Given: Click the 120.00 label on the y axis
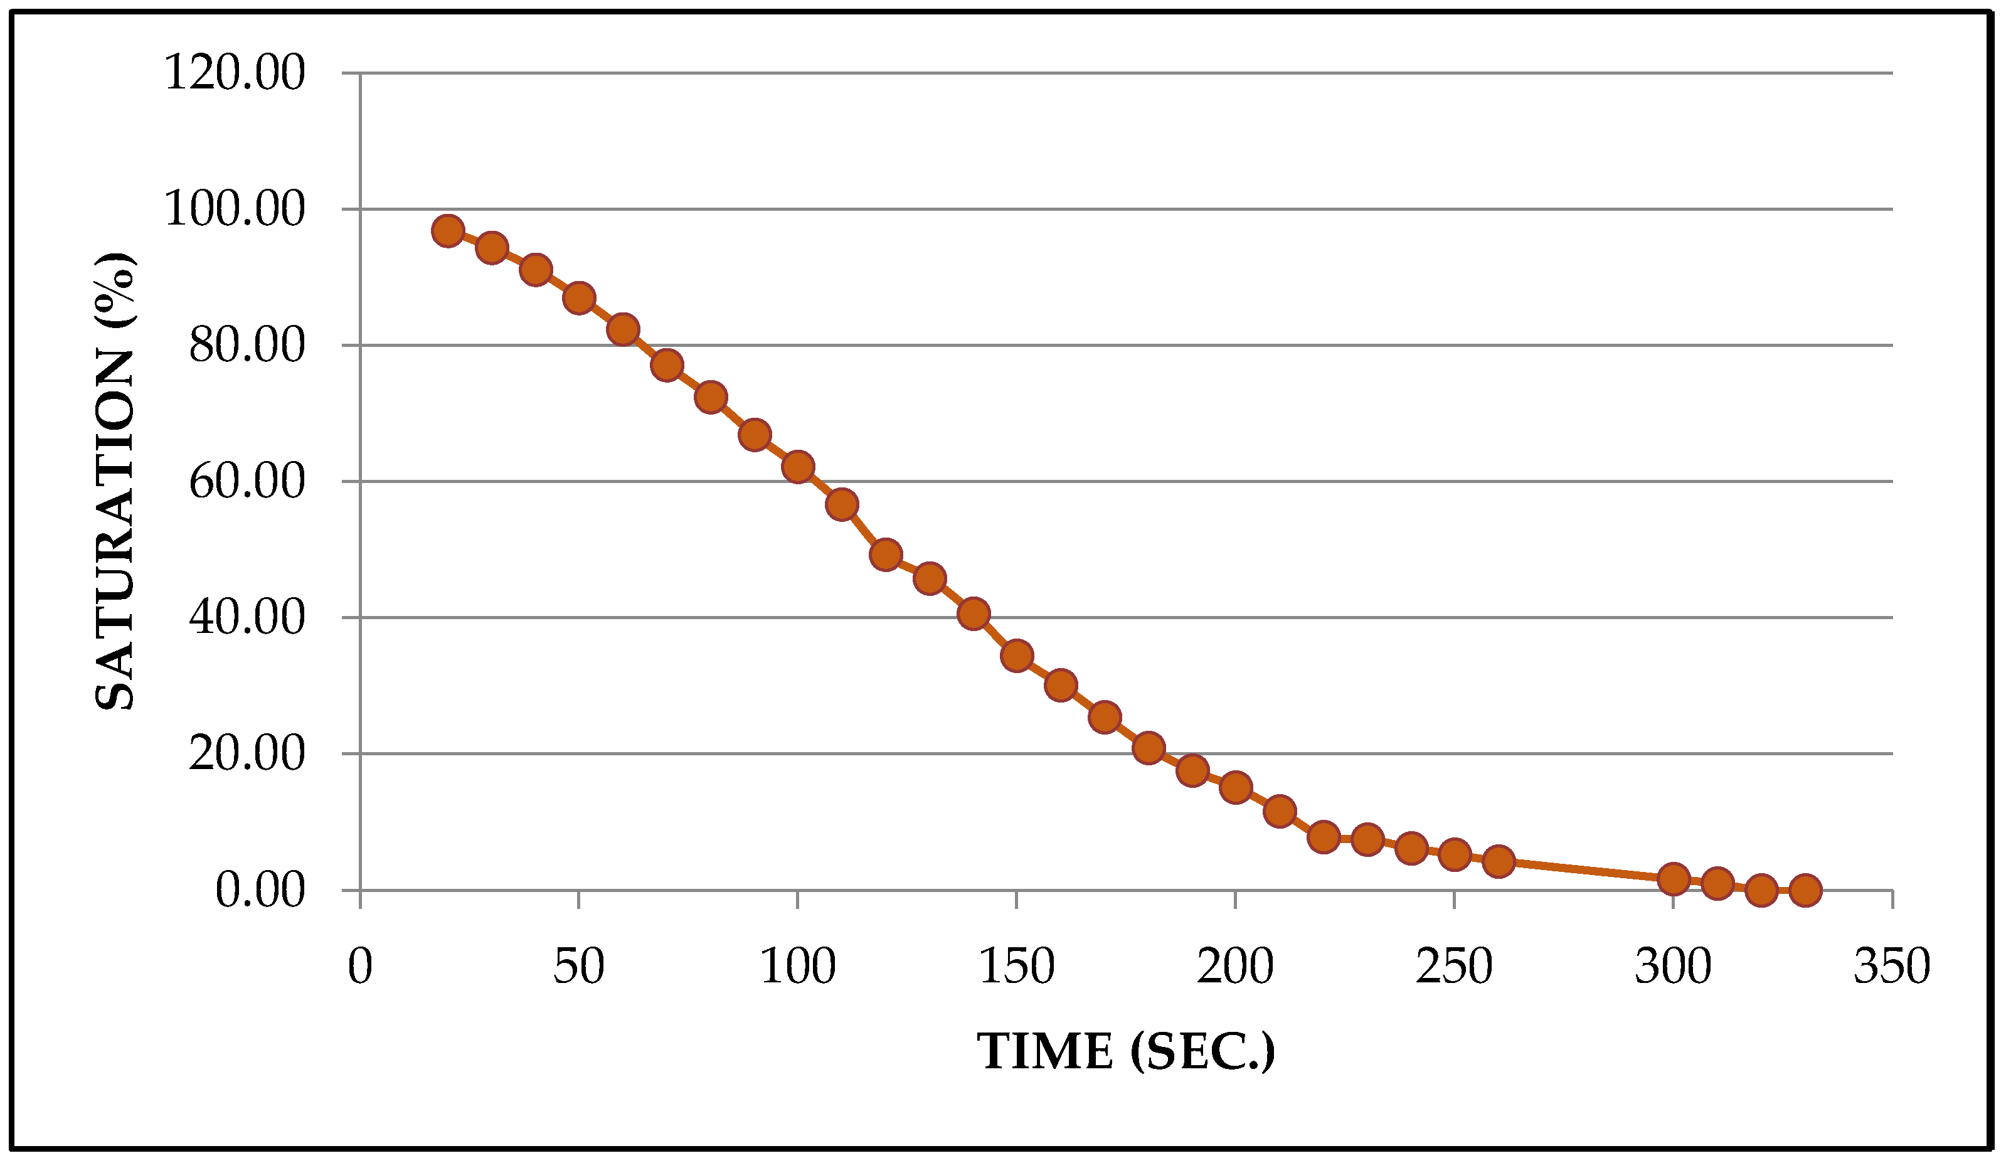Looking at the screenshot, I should click(234, 74).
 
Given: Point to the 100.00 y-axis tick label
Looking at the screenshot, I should click(234, 210).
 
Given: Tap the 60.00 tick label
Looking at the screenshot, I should click(247, 482).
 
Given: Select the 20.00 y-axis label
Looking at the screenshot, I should click(247, 755).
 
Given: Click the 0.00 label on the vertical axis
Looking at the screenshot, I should click(260, 891).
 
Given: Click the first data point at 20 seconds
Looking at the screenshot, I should click(448, 231).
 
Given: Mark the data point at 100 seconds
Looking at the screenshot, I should click(798, 467).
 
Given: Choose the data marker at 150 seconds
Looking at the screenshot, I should click(1017, 656).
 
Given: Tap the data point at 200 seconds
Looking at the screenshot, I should click(1236, 787).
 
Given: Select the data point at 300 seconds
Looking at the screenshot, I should click(1674, 879).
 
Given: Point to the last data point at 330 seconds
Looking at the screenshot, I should click(1805, 890).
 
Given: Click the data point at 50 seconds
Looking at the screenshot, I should click(579, 299).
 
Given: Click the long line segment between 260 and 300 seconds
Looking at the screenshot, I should click(1586, 871).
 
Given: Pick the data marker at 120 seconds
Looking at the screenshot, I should click(886, 554).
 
